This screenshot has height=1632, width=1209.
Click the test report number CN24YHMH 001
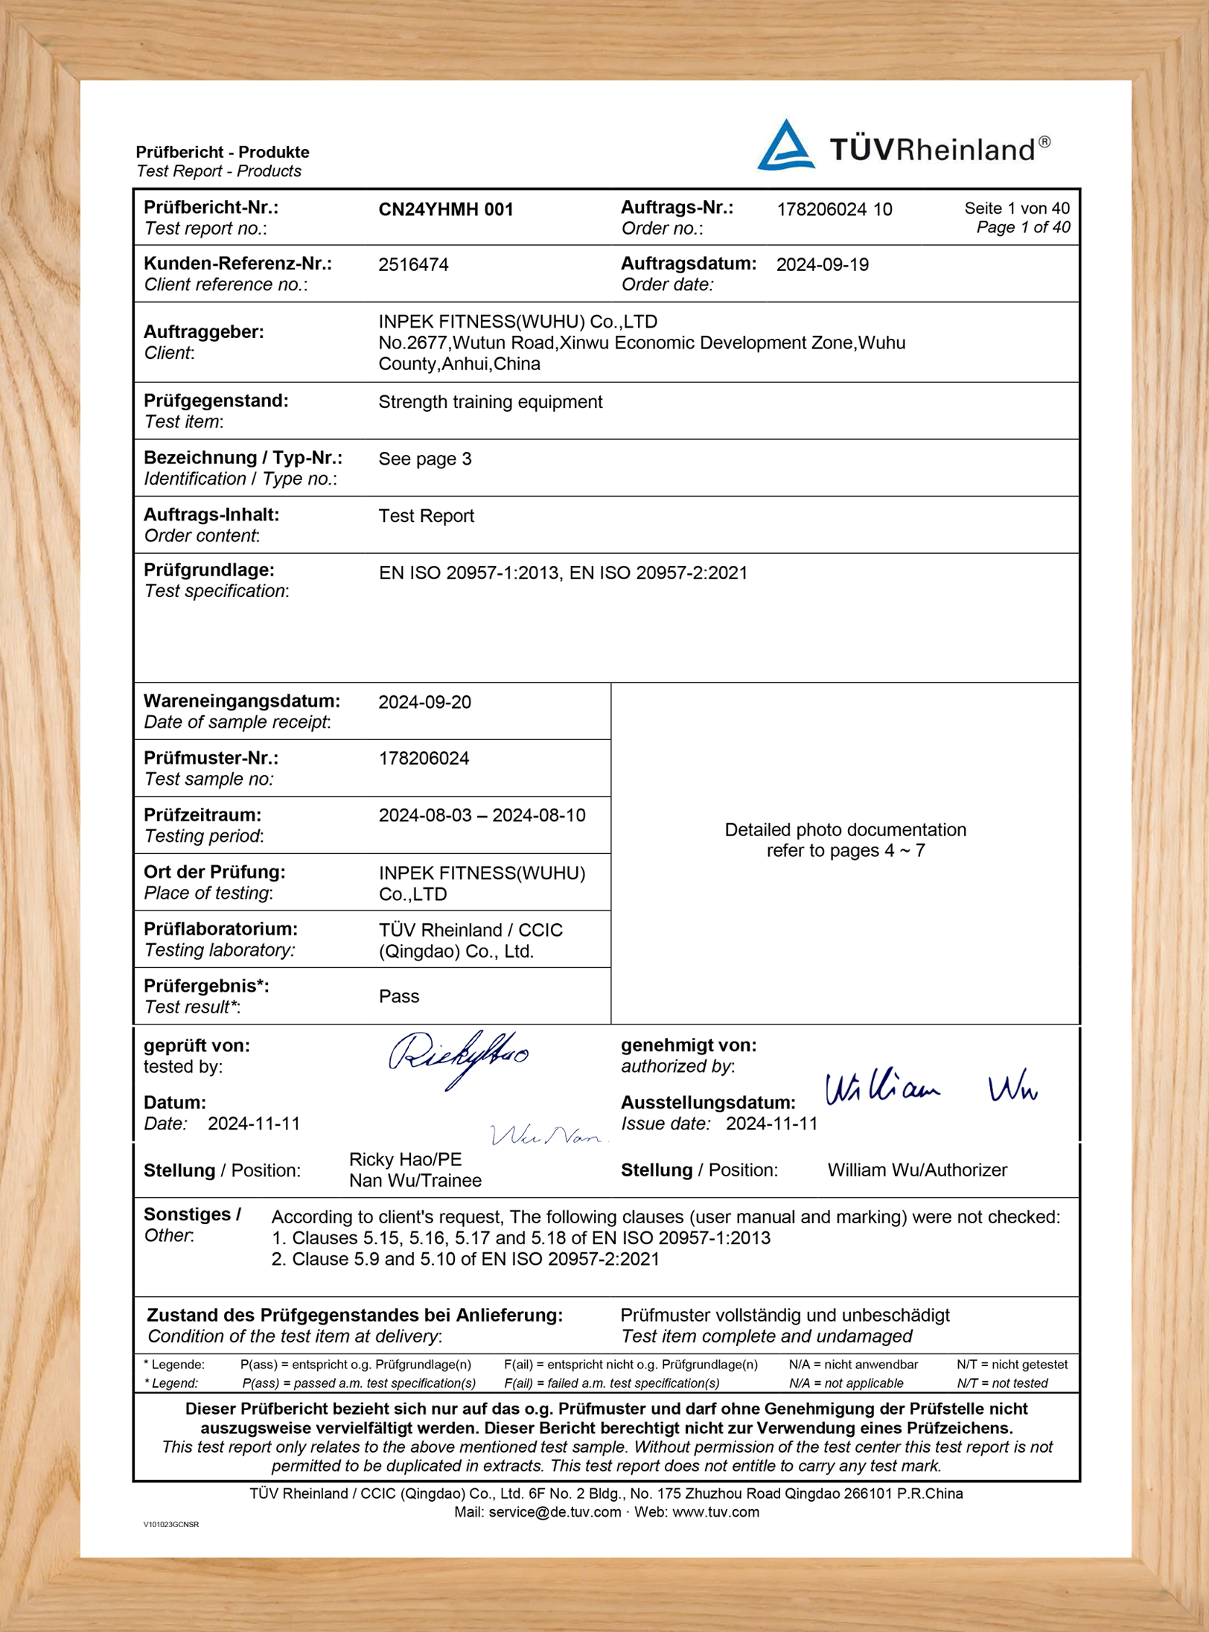(x=446, y=209)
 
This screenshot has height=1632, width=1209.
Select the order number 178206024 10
(x=834, y=209)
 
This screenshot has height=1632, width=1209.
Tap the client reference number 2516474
(x=413, y=265)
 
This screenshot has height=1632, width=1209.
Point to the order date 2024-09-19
(x=822, y=265)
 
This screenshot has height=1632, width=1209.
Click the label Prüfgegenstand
(x=216, y=401)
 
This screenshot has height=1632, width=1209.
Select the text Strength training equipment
(x=490, y=402)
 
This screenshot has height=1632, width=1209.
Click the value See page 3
(x=424, y=459)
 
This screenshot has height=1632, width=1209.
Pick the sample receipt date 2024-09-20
(x=424, y=702)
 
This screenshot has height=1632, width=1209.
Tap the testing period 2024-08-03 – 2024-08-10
(x=482, y=815)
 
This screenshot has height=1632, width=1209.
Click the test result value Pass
(x=398, y=996)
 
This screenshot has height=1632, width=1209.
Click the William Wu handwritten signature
(x=931, y=1088)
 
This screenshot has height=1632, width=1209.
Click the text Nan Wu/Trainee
(x=415, y=1181)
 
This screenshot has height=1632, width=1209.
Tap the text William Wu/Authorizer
(x=916, y=1170)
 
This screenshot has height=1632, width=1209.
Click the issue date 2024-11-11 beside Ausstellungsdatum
(x=771, y=1123)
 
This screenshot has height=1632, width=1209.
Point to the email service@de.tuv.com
(x=555, y=1512)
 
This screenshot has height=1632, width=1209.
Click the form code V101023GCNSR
(x=170, y=1525)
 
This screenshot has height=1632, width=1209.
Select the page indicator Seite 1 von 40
(x=1016, y=208)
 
